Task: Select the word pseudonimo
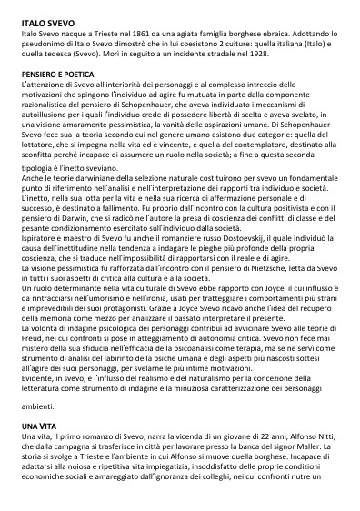click(x=46, y=40)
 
